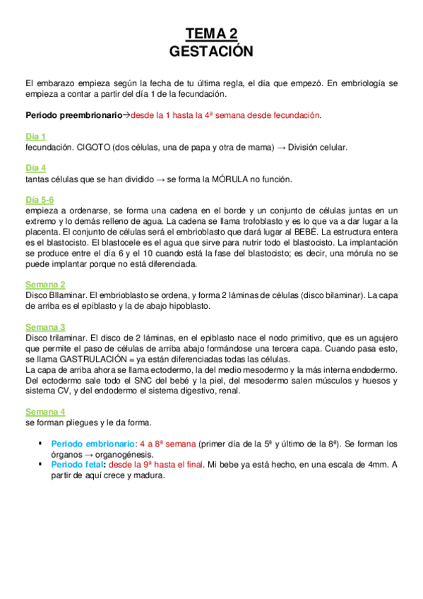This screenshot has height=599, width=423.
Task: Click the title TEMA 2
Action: (211, 33)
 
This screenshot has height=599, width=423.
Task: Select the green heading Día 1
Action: (35, 136)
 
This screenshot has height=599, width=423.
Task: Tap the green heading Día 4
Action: (35, 167)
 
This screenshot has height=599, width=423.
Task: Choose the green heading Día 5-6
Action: (40, 199)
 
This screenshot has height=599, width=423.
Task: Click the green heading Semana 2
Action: (45, 284)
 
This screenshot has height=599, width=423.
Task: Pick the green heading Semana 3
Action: (45, 326)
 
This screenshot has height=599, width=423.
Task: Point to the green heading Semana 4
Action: (45, 411)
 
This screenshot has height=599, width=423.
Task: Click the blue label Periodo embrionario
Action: (93, 444)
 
